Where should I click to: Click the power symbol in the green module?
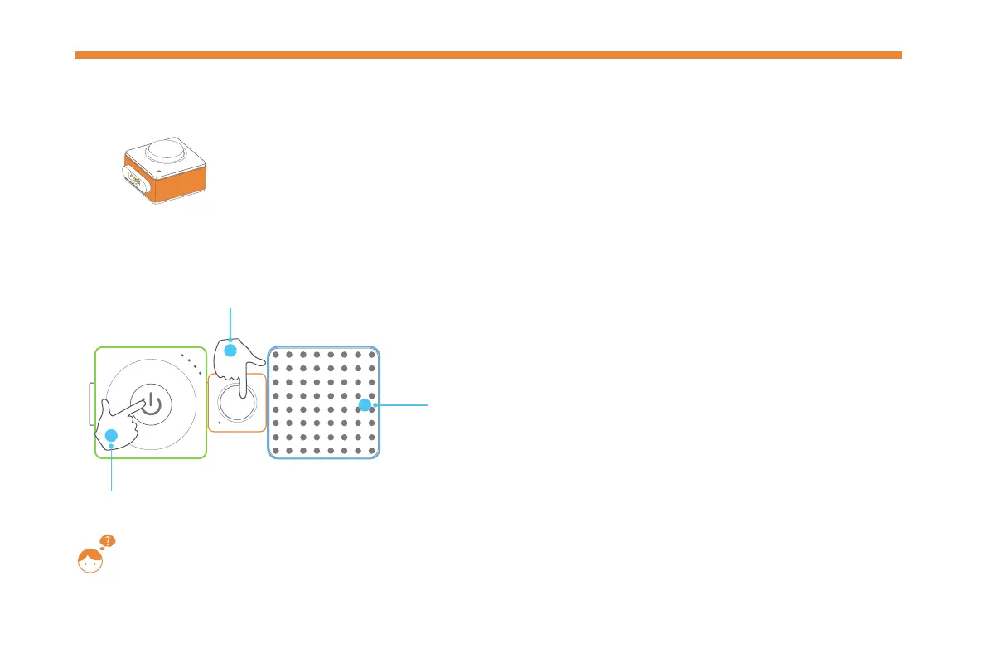point(149,404)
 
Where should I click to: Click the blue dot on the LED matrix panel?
point(363,405)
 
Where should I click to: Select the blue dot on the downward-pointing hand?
point(231,351)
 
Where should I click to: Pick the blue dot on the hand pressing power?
point(112,436)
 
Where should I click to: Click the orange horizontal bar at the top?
point(488,55)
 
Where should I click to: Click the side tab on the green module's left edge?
point(91,403)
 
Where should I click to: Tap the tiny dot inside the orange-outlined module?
point(217,422)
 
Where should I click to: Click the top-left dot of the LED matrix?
point(277,355)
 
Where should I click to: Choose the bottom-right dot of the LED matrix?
point(370,450)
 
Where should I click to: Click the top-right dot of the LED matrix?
point(370,355)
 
